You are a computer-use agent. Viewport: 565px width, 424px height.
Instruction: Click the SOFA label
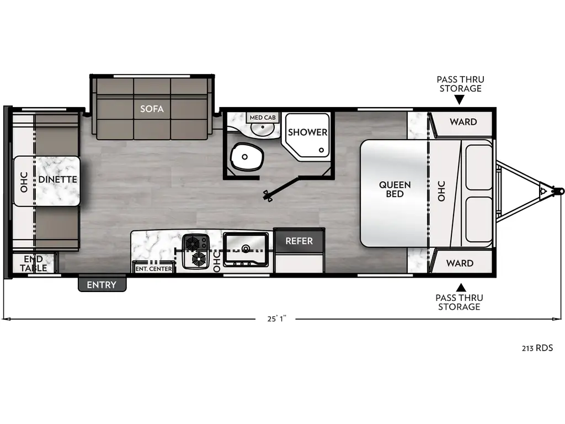tap(152, 109)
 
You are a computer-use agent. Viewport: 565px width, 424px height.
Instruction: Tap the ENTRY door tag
tap(102, 285)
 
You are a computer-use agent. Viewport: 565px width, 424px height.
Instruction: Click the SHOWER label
tap(307, 132)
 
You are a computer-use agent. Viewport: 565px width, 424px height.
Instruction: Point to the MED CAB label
tap(263, 118)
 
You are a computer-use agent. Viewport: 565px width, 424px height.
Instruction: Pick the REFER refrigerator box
tap(299, 241)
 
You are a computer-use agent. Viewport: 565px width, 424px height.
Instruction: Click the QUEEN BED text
tap(395, 189)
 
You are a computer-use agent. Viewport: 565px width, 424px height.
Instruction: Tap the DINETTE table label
tap(57, 179)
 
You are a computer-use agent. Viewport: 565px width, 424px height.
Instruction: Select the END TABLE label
tap(34, 264)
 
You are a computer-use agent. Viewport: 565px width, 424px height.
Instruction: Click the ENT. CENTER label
tap(154, 269)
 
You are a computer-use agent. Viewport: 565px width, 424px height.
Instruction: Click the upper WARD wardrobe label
tap(463, 121)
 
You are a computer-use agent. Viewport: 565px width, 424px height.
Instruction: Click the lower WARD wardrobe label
tap(460, 263)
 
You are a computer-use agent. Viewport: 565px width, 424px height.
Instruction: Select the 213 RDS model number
tap(537, 348)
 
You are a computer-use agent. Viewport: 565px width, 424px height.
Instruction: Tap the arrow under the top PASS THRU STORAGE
tap(460, 99)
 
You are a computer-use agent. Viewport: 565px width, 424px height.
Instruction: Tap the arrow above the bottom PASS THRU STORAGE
tap(460, 287)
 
